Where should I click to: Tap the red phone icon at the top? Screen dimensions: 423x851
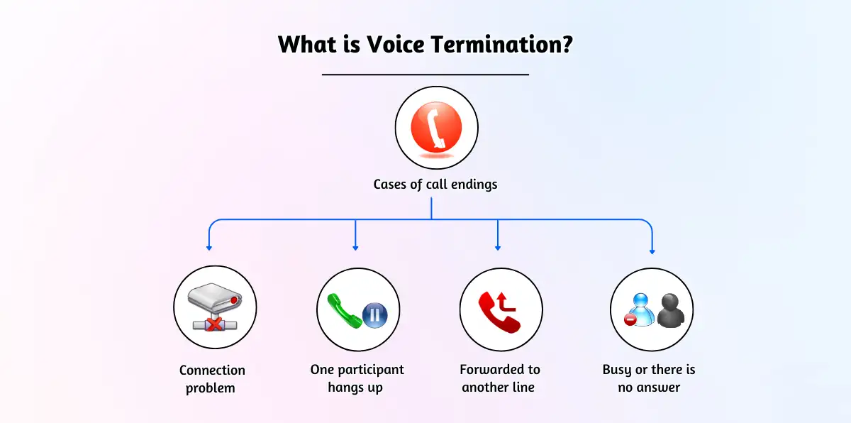tap(436, 129)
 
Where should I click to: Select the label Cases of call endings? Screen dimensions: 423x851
tap(435, 185)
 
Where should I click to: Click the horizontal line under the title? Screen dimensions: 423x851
tap(425, 74)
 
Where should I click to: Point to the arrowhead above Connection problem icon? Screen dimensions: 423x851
tap(209, 247)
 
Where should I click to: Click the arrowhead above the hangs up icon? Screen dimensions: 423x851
tap(355, 247)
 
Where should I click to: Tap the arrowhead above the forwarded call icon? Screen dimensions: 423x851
tap(498, 247)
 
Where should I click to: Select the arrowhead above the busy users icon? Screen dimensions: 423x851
tap(652, 251)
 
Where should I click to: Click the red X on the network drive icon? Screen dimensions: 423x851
tap(213, 324)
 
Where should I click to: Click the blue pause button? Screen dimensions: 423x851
tap(374, 314)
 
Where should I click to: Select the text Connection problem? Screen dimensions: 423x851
tap(211, 379)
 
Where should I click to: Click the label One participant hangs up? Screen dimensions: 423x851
tap(357, 379)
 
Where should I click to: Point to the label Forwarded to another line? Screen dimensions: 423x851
tap(499, 379)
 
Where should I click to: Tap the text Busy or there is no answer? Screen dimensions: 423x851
tap(649, 379)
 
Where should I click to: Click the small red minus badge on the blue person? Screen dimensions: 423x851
tap(629, 320)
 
